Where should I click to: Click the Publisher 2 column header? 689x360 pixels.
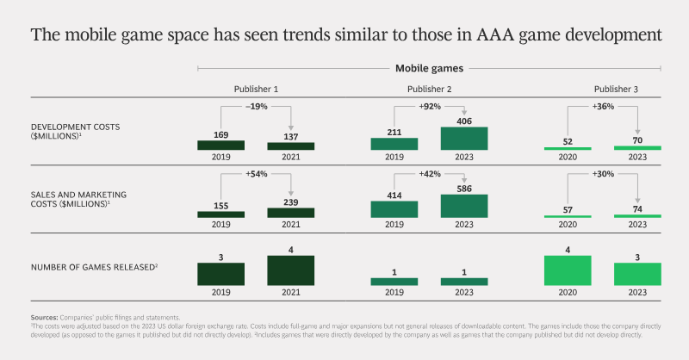pyautogui.click(x=429, y=90)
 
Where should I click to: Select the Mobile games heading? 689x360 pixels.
pyautogui.click(x=429, y=69)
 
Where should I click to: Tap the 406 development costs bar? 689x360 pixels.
pyautogui.click(x=464, y=139)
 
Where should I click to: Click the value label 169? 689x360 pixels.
pyautogui.click(x=221, y=135)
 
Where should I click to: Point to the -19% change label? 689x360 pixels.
pyautogui.click(x=257, y=107)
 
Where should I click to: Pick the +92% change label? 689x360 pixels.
pyautogui.click(x=430, y=107)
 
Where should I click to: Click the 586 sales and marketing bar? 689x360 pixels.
pyautogui.click(x=464, y=206)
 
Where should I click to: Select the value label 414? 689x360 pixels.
pyautogui.click(x=394, y=196)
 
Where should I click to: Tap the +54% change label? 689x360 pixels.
pyautogui.click(x=257, y=174)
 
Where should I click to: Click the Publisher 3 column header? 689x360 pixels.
pyautogui.click(x=616, y=90)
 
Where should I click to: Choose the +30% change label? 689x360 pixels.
pyautogui.click(x=604, y=174)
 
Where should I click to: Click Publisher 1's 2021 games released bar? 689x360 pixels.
pyautogui.click(x=291, y=270)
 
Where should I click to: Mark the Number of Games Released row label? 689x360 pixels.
pyautogui.click(x=94, y=267)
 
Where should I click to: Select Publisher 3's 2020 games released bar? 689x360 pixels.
pyautogui.click(x=568, y=270)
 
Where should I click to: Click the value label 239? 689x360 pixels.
pyautogui.click(x=291, y=202)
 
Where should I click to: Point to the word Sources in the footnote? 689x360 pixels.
pyautogui.click(x=45, y=317)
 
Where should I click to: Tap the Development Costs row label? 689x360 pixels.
pyautogui.click(x=75, y=132)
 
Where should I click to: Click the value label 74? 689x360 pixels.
pyautogui.click(x=637, y=209)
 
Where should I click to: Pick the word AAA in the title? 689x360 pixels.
pyautogui.click(x=495, y=34)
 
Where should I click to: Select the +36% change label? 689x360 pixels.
pyautogui.click(x=604, y=107)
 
